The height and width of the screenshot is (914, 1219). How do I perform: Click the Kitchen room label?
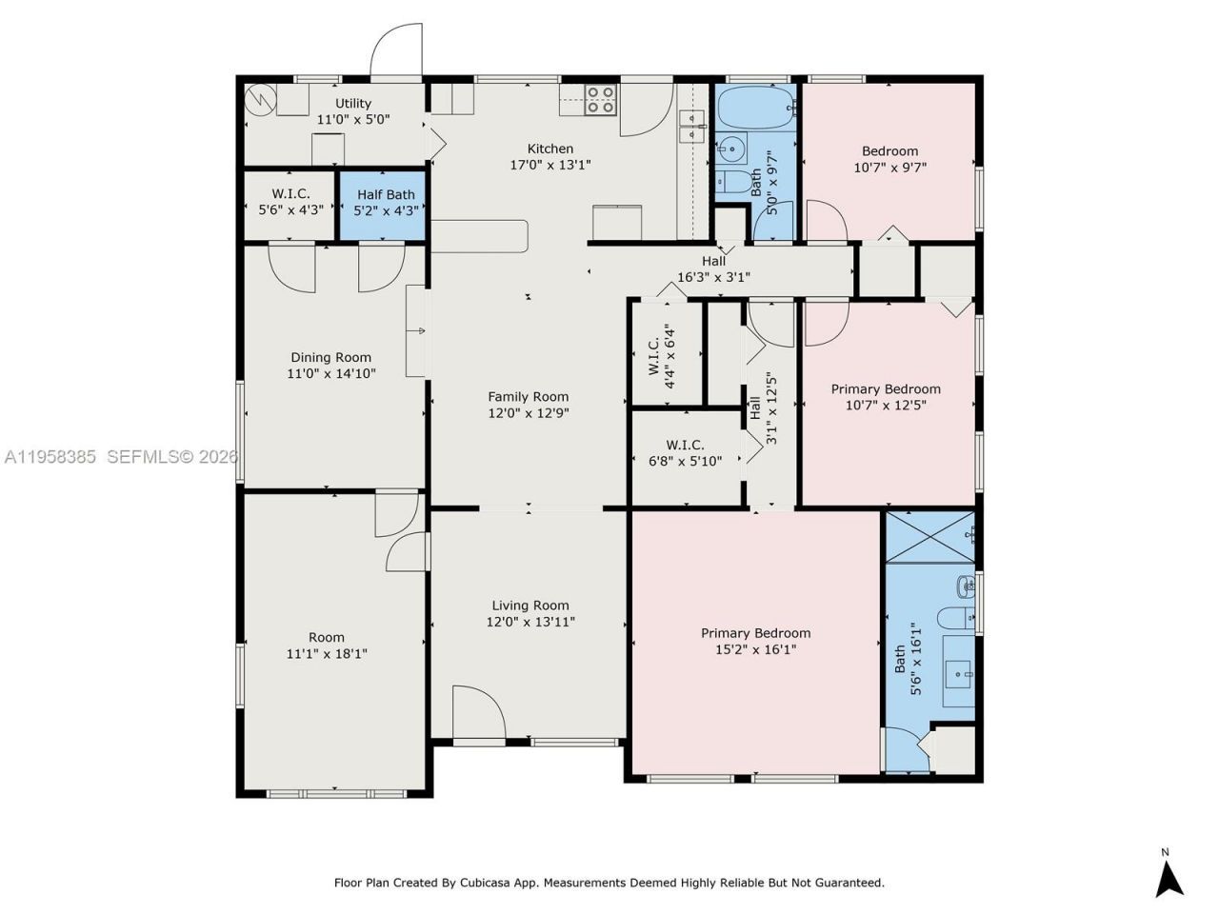click(550, 149)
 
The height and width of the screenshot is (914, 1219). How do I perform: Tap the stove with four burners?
click(600, 100)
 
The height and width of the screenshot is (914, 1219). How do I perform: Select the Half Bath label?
click(386, 195)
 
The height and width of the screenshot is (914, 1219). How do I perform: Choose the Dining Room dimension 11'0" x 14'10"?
click(331, 373)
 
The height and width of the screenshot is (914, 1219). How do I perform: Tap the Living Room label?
click(530, 606)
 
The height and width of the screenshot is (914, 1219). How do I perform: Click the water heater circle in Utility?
click(259, 99)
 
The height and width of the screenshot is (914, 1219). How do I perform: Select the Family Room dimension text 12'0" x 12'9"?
click(529, 413)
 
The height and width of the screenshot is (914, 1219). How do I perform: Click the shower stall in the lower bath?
click(929, 536)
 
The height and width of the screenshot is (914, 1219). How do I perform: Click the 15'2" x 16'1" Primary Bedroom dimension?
click(755, 649)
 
